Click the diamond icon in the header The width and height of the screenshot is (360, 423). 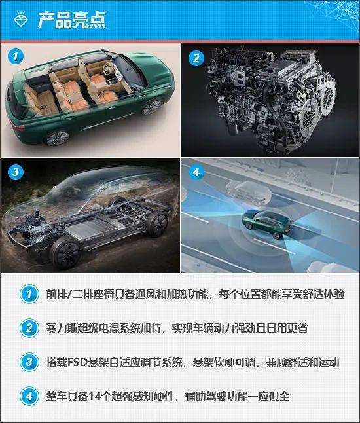tap(21, 19)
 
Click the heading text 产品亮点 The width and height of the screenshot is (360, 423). tap(71, 20)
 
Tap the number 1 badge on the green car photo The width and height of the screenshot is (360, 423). tap(15, 56)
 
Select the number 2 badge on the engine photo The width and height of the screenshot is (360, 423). tap(196, 58)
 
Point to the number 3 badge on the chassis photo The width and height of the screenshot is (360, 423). tap(15, 172)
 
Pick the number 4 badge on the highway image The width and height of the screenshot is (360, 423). tap(196, 172)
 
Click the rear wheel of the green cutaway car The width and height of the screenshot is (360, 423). tap(57, 138)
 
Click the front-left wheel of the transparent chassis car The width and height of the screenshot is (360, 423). tap(66, 252)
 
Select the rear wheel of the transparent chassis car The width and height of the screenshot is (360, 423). tap(156, 224)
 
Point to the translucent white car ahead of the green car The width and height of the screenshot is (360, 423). tap(248, 192)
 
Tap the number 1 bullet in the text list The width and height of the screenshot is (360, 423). tap(29, 294)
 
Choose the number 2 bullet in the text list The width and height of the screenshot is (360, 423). tap(29, 328)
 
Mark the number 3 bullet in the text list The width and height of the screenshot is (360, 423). tap(29, 362)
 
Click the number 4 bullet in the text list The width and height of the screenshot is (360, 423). tap(29, 396)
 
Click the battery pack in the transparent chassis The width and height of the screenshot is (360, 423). tap(89, 227)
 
